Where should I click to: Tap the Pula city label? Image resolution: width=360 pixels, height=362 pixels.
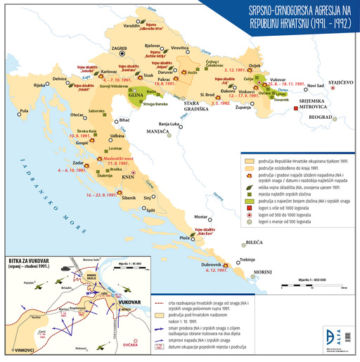pos(25,111)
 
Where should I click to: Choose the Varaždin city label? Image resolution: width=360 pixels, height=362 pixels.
pos(131,27)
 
